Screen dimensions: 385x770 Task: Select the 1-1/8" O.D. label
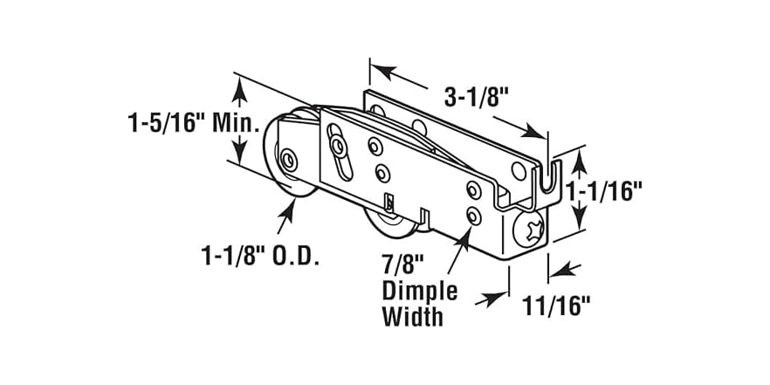tap(259, 257)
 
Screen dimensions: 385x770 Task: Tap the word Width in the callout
tap(412, 315)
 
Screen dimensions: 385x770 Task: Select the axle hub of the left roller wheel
tap(289, 160)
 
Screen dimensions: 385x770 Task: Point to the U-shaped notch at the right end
tap(546, 183)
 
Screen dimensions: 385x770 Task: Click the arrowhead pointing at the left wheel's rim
tap(288, 206)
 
